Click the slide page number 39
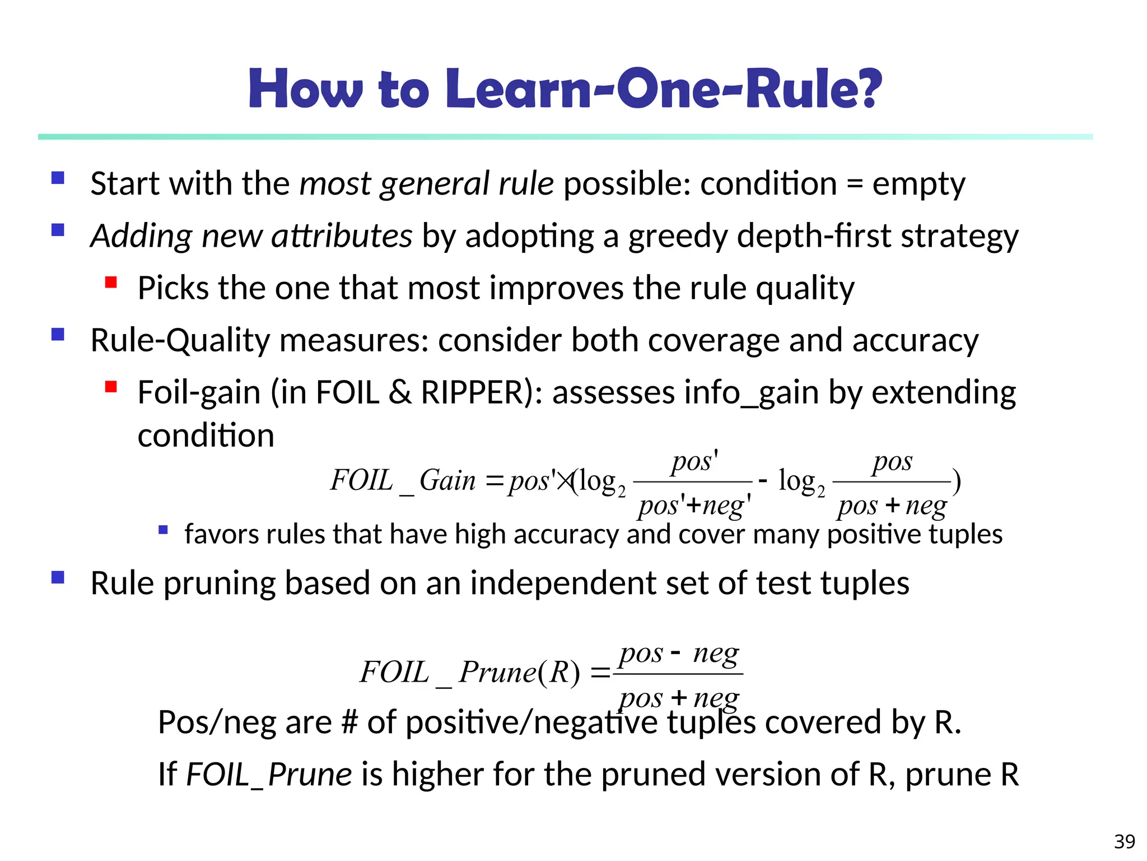(1125, 841)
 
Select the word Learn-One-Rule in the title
(650, 89)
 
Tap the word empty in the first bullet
(918, 184)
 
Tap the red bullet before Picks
(111, 282)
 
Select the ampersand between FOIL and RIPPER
(400, 392)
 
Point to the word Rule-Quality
(180, 340)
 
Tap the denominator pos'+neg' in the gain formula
(694, 506)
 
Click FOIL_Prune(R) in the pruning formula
(470, 672)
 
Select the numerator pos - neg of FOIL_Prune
(679, 654)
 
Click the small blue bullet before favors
(163, 529)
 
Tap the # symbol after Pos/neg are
(349, 722)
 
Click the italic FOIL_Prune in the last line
(269, 775)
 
